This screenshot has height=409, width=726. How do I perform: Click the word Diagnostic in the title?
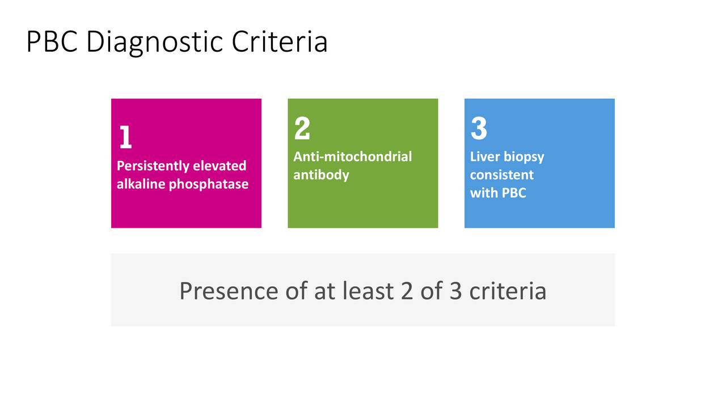(x=155, y=42)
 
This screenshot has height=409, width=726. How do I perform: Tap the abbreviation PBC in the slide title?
(x=52, y=41)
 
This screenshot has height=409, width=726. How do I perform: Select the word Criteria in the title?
(x=280, y=41)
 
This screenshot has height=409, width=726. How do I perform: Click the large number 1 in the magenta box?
(x=125, y=137)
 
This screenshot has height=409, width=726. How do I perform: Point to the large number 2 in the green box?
(x=302, y=128)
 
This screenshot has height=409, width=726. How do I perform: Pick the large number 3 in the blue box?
(x=479, y=128)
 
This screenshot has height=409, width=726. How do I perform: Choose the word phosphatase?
(x=209, y=185)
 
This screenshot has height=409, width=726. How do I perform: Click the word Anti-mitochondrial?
(x=353, y=157)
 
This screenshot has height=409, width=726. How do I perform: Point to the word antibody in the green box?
(x=321, y=176)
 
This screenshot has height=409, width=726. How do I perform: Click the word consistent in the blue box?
(x=502, y=176)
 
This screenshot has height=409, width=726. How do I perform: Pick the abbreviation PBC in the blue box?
(x=514, y=193)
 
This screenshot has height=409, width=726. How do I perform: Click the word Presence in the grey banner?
(x=229, y=291)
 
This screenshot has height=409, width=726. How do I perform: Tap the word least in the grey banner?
(x=368, y=291)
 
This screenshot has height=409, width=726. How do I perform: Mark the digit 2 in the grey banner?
(x=407, y=291)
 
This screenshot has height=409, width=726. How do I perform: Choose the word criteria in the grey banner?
(x=508, y=291)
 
